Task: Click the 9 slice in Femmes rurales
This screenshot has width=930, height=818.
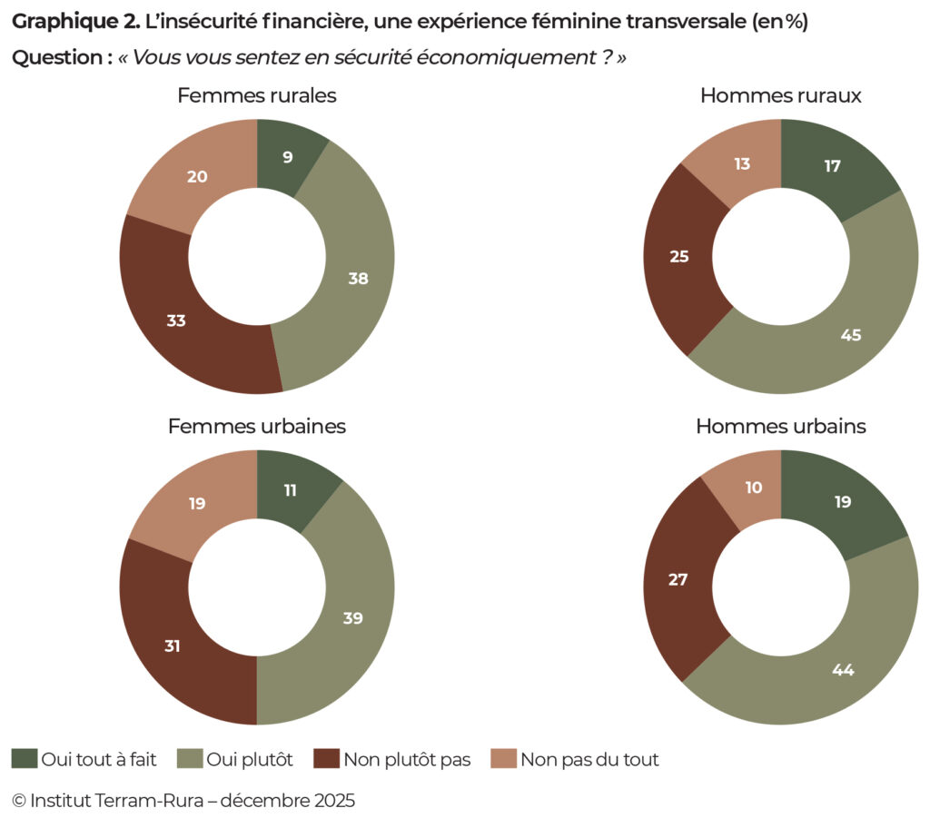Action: [288, 156]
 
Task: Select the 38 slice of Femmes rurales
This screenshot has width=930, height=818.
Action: [357, 279]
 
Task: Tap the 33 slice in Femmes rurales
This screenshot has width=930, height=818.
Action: [176, 320]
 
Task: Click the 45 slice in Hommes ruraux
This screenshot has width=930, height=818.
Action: [849, 334]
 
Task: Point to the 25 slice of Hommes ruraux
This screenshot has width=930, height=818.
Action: [678, 257]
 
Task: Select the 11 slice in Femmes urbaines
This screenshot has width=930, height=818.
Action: [291, 489]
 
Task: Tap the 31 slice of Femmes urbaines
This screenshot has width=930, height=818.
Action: [173, 646]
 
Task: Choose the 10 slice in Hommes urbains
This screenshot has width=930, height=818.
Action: [753, 488]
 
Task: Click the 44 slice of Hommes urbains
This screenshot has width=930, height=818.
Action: [844, 669]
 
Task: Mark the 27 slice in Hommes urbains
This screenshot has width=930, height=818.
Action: [678, 579]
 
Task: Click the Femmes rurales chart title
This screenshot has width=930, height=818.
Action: [257, 95]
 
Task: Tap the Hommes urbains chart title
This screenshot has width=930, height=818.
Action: [780, 426]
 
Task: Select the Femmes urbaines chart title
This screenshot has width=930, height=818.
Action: [257, 426]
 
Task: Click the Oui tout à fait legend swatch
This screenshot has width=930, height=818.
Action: [25, 759]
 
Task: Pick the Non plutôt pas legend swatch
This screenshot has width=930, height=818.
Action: [326, 759]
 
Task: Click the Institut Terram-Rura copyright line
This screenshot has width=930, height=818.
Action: [183, 800]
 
